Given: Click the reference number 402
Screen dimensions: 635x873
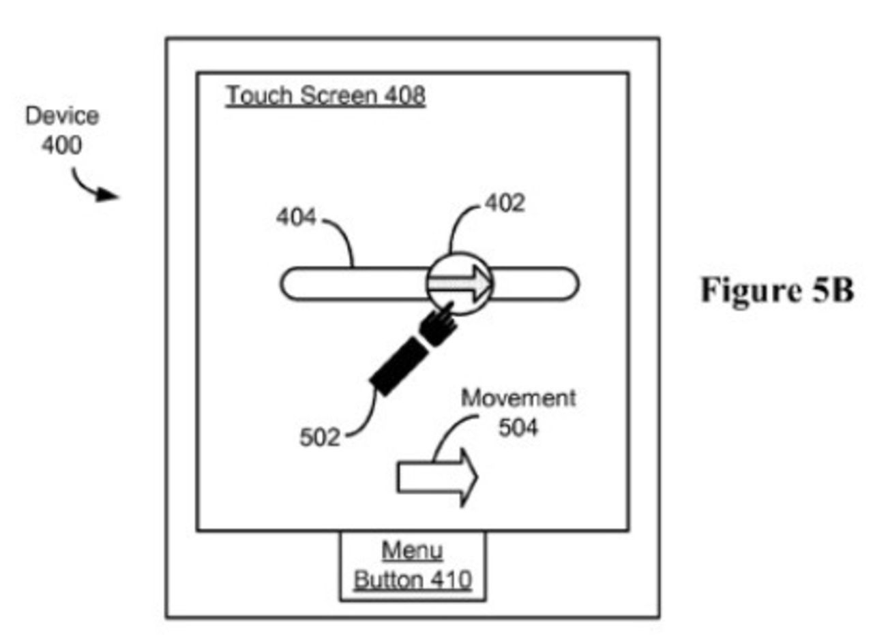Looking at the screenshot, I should pos(505,204).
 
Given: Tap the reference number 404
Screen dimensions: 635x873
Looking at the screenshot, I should pos(296,218).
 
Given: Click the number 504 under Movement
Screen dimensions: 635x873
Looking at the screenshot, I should pos(518,428).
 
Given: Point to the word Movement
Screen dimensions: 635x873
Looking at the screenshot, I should pos(518,399).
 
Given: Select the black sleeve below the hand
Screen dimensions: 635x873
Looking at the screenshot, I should pos(399,366).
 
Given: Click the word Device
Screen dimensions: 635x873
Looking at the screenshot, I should pos(62,116).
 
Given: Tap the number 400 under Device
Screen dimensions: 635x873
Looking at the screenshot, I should pos(61,144).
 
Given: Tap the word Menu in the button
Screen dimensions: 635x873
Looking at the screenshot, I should pos(412,551).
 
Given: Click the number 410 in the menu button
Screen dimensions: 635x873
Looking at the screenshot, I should pos(449,580).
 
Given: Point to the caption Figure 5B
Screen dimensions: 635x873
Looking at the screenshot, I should pos(776,291).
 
